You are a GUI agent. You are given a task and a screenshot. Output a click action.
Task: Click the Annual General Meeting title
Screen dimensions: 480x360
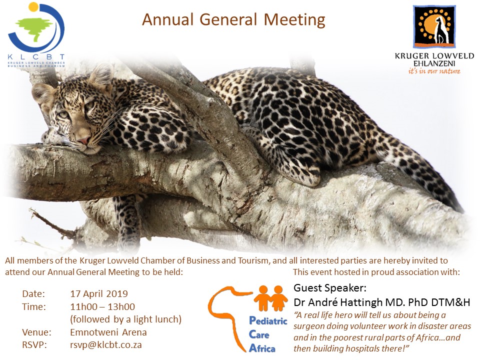coord(233,19)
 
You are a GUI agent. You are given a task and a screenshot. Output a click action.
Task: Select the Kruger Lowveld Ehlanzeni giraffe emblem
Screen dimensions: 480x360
coord(434,26)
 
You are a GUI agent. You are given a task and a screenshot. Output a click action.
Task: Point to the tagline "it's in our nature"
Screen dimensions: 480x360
coord(434,71)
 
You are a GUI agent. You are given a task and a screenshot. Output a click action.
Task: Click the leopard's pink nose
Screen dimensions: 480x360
coord(83,141)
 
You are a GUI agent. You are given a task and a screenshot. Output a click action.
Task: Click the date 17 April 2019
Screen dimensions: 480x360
coord(99,294)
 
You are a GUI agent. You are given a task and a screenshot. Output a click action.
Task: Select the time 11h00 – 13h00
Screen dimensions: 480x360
coord(102,306)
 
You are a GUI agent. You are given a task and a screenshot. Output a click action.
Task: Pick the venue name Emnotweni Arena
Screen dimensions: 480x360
coord(108,332)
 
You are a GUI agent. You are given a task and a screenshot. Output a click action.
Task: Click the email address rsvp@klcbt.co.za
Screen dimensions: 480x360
coord(106,345)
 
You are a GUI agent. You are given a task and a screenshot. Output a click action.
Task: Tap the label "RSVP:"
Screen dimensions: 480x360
coord(34,345)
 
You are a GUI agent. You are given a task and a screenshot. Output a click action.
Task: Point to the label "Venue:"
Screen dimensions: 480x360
coord(36,332)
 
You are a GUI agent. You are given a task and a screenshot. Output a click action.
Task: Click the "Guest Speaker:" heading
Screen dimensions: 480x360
coord(329,288)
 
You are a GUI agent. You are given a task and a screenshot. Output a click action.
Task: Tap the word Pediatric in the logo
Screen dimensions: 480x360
coord(268,321)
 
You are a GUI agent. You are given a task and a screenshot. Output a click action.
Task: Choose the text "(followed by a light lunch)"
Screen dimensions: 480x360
coord(126,319)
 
